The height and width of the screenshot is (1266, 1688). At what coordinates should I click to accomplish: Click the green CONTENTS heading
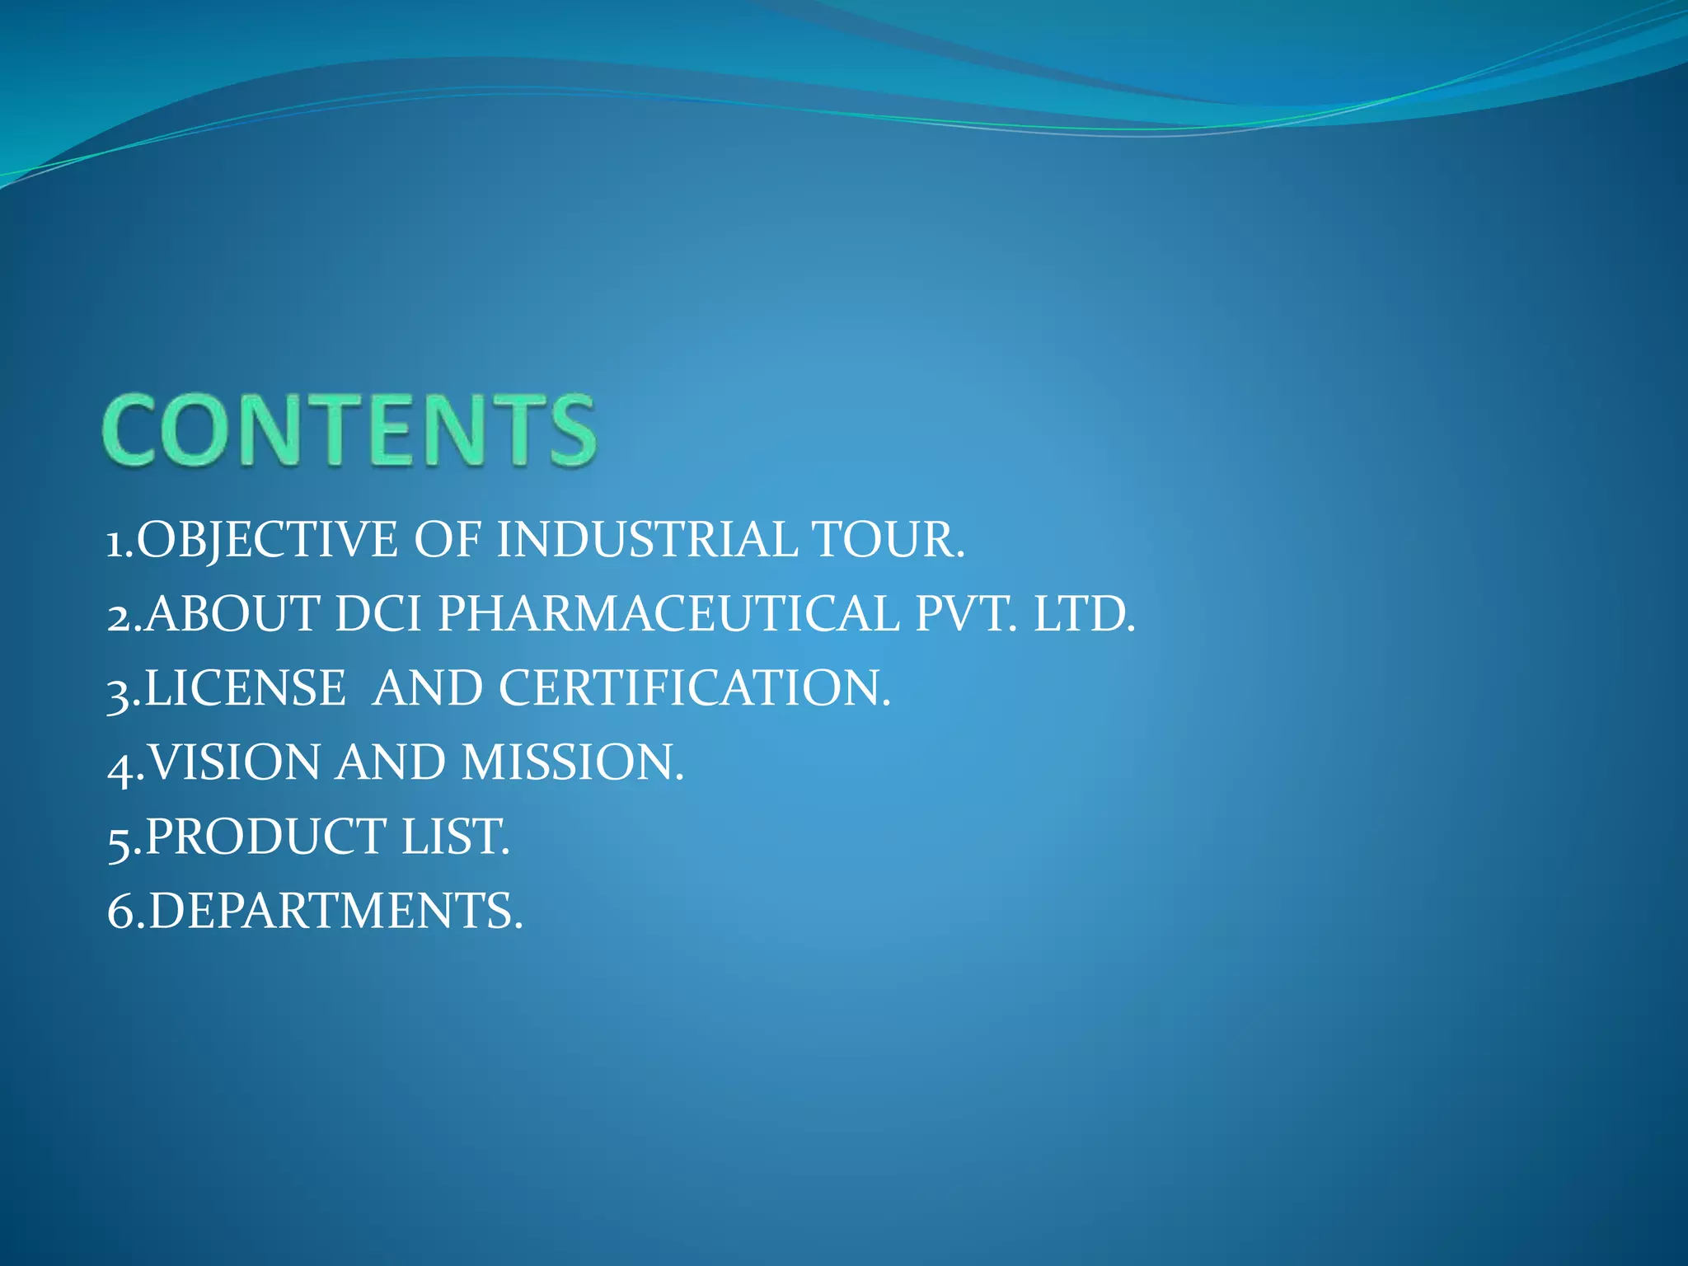tap(349, 430)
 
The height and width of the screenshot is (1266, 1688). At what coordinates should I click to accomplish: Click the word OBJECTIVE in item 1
tap(268, 540)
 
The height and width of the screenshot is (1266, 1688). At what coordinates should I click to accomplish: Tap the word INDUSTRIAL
tap(647, 540)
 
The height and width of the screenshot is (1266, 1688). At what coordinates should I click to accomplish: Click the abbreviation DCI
tap(378, 614)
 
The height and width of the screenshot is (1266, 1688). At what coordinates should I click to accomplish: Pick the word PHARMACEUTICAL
tap(668, 614)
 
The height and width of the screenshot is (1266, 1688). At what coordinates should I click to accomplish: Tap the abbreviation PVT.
tap(966, 614)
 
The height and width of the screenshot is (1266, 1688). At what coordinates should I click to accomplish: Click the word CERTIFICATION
tap(695, 688)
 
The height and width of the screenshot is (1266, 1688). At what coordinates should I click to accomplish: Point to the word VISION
tap(235, 762)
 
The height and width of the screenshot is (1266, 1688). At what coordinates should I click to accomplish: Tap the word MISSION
tap(573, 762)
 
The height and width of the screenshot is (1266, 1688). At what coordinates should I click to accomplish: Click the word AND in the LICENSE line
tap(427, 688)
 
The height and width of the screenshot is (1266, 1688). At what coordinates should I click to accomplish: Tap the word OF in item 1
tap(448, 540)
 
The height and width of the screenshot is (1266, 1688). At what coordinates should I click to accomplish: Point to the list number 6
tap(120, 912)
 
